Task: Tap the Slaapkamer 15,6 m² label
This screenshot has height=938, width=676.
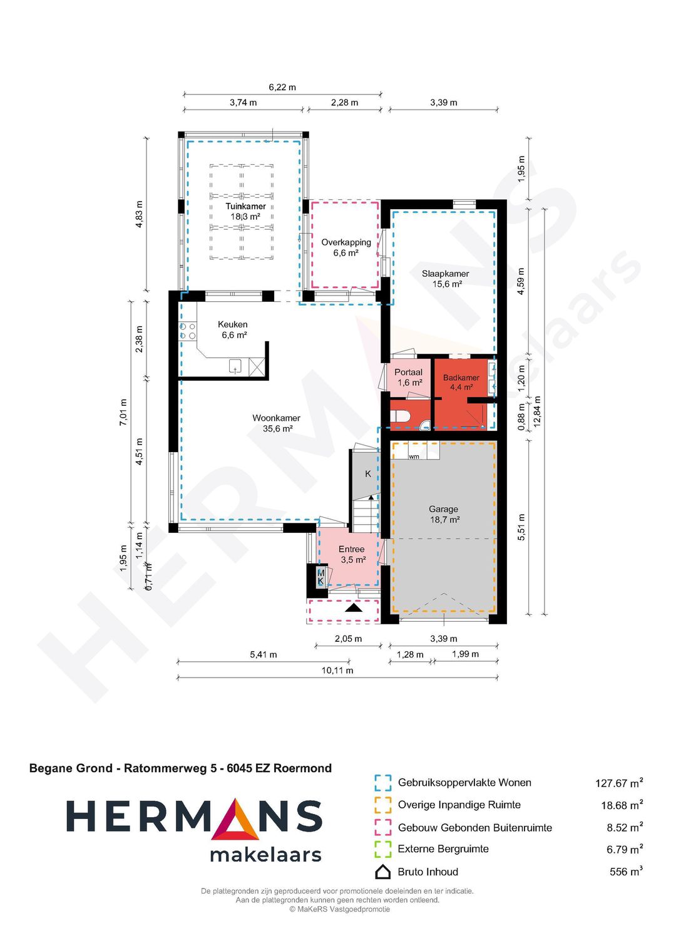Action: [446, 279]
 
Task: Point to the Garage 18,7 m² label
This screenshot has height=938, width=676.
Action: [444, 514]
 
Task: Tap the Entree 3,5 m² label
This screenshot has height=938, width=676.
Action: [352, 554]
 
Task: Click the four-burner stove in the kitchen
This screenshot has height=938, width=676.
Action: [188, 331]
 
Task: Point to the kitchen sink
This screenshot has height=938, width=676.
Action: [235, 366]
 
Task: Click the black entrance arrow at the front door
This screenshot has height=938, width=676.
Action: [353, 607]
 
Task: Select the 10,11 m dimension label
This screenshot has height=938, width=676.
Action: [337, 671]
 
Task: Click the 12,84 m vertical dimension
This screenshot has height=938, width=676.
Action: [538, 411]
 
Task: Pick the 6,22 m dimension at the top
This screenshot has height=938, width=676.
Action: [282, 87]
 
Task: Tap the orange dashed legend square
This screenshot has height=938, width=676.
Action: [382, 805]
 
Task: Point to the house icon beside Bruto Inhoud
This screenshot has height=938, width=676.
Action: [382, 872]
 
